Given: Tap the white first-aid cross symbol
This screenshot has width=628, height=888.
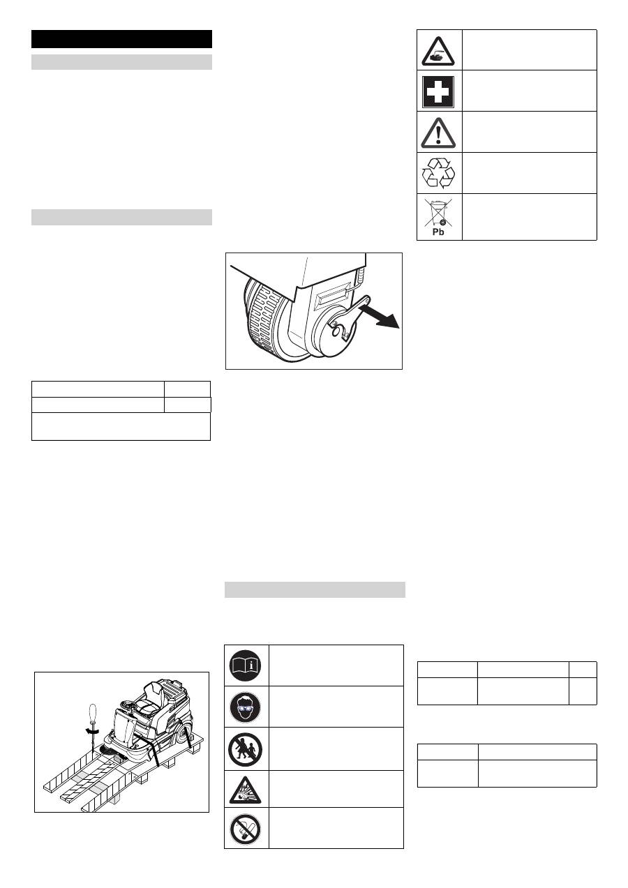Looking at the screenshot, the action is tap(438, 92).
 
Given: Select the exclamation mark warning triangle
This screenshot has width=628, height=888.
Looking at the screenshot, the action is tap(438, 133).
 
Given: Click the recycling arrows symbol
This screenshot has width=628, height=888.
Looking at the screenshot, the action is tap(438, 173).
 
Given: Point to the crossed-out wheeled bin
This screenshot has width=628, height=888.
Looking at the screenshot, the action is tap(438, 213).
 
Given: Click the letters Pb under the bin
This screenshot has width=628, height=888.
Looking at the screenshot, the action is tap(438, 232).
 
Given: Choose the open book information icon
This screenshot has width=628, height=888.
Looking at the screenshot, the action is tap(246, 665).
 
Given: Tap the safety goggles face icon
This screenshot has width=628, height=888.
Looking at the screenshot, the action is tap(246, 707).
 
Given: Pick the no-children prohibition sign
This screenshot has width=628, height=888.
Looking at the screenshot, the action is tap(246, 749).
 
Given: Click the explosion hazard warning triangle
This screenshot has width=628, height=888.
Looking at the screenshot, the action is tap(246, 791).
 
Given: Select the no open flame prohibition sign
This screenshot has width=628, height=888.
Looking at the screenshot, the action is tap(246, 829).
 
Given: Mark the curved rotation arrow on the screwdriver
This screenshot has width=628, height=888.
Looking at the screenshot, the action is tap(92, 730).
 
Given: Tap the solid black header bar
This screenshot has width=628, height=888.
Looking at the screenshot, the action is tap(121, 39).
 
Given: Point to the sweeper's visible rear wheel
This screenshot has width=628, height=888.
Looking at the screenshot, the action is tap(183, 732).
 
